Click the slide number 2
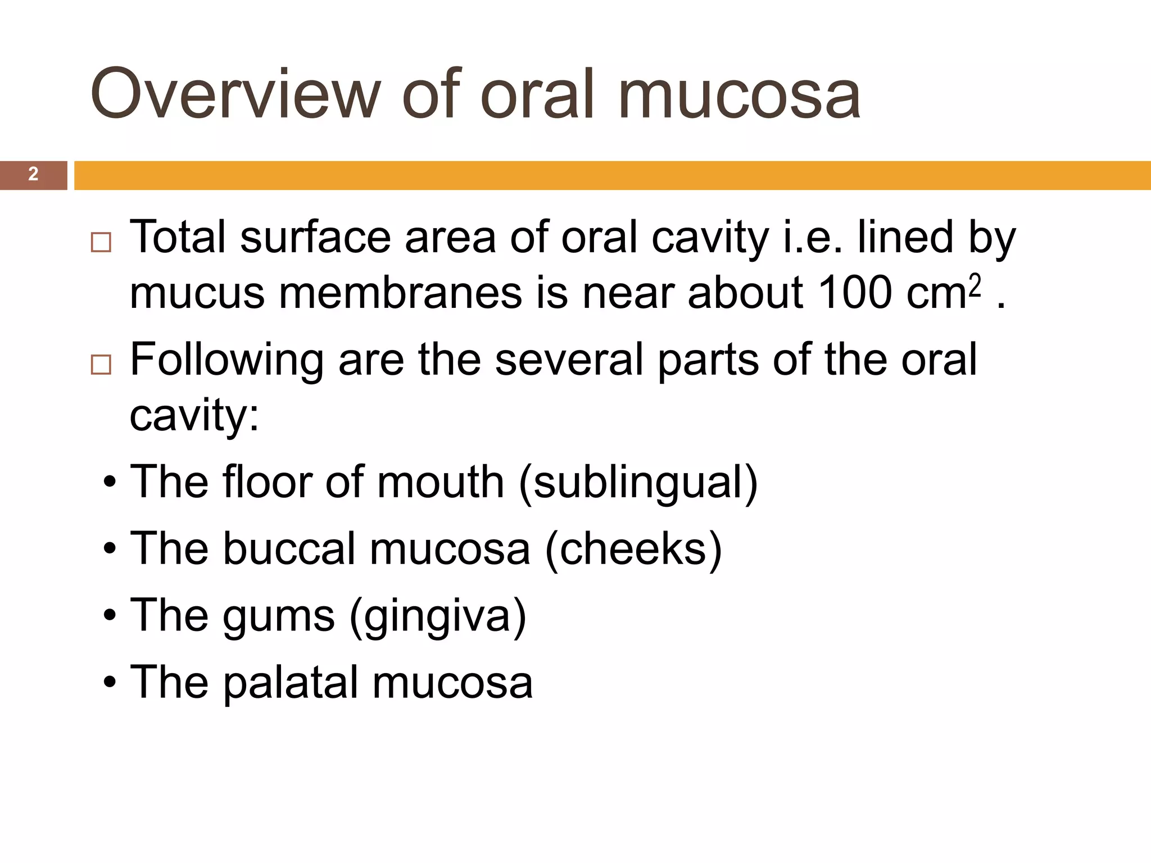coord(33,174)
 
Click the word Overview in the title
coord(237,94)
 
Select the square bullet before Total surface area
coord(101,242)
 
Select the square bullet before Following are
coord(101,365)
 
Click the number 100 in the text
coord(854,293)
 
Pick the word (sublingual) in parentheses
coord(638,483)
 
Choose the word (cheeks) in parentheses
coord(633,549)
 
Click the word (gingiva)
coord(438,616)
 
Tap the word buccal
coord(289,549)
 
